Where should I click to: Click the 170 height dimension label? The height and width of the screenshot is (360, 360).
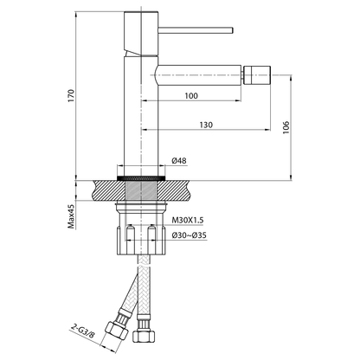coord(71,95)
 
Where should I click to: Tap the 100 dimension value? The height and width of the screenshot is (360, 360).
coord(191,95)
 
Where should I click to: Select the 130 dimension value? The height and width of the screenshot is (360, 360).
coord(206,125)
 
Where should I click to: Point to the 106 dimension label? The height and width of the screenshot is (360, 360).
coord(286,127)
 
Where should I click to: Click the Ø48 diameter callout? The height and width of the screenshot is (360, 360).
coord(179,161)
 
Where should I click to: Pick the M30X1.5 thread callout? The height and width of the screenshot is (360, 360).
coord(188,221)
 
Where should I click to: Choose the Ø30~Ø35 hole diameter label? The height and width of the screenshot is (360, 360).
coord(189,235)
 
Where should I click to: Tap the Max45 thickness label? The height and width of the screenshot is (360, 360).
coord(71,216)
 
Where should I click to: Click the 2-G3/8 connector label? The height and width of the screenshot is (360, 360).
coord(82,331)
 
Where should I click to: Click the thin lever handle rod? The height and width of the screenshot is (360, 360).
coord(196,30)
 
